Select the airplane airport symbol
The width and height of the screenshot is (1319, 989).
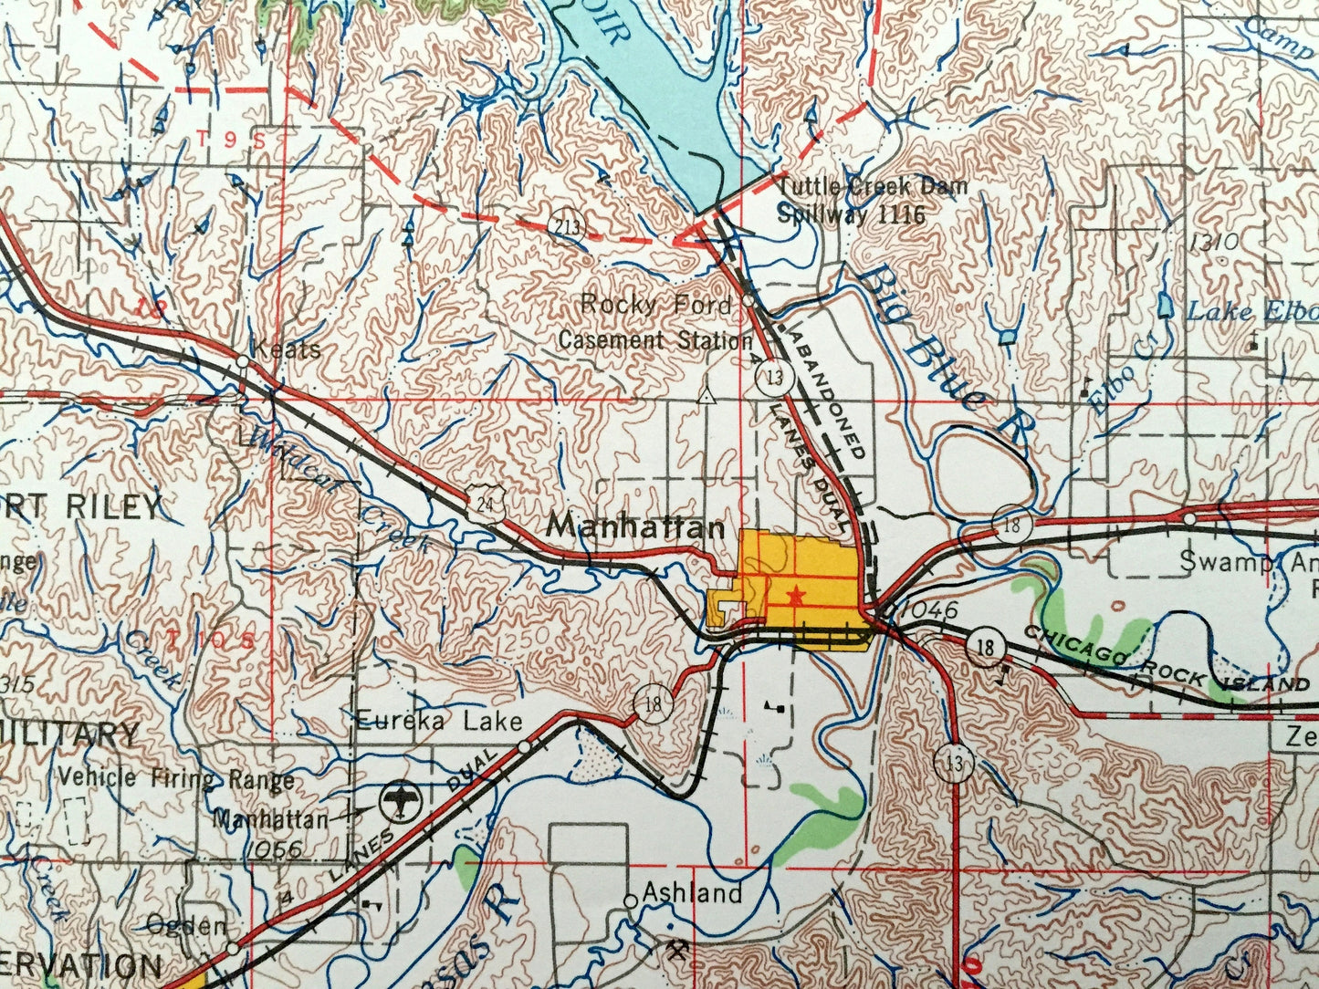[399, 802]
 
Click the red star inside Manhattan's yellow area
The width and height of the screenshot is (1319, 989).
[796, 595]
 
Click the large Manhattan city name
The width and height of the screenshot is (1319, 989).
[635, 526]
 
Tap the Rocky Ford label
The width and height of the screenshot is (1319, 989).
[655, 304]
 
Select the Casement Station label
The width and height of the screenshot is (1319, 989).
[654, 340]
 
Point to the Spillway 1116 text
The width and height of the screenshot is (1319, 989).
[851, 214]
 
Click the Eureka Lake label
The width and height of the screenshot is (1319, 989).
[439, 722]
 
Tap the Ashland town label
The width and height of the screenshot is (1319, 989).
[692, 892]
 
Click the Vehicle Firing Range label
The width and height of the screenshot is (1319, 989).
[176, 778]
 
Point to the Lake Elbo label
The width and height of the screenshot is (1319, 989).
[1251, 312]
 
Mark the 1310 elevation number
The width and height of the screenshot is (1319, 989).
[1214, 243]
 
